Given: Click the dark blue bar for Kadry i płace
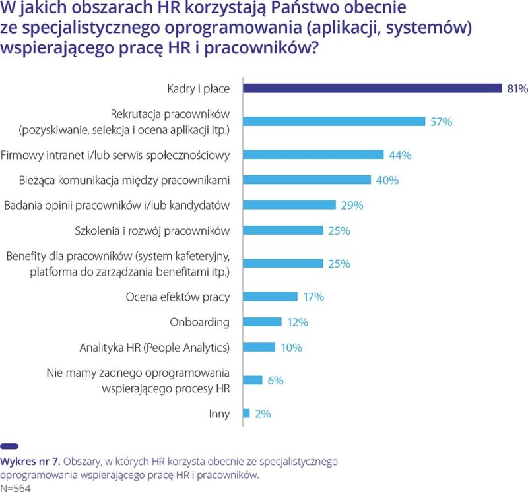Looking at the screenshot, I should (373, 88).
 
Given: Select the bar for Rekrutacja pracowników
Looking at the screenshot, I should (335, 121).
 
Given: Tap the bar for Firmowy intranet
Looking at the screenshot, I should (313, 155).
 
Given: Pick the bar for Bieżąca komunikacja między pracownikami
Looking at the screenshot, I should (308, 180).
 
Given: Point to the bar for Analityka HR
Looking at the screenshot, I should (259, 347).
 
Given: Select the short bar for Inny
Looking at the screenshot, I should (247, 414).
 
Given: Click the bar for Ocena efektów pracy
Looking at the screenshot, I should (271, 297).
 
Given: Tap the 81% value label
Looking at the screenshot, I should (517, 88).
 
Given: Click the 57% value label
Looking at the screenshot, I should (441, 121).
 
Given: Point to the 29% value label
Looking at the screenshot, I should (352, 205).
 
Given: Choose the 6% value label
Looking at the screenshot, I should (275, 380).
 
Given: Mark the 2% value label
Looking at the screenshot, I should (263, 414).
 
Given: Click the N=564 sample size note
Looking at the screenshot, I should (15, 487).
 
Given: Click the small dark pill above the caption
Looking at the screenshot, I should (9, 446).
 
